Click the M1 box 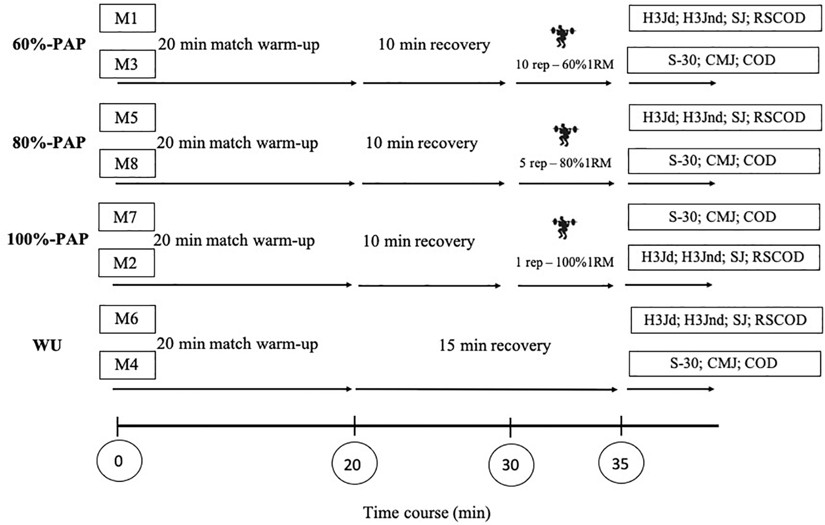tap(127, 18)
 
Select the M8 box tap(127, 164)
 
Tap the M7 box tap(126, 217)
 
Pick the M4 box tap(127, 365)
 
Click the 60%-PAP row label tap(49, 45)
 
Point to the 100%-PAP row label tap(48, 239)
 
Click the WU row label tap(47, 346)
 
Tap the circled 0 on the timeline tap(119, 461)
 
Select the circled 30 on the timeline tap(511, 465)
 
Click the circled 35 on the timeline tap(621, 463)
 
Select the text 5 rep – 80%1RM tap(565, 163)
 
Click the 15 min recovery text tap(495, 345)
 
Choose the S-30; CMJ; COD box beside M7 tap(723, 217)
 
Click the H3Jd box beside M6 tap(726, 320)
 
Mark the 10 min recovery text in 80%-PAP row tap(421, 143)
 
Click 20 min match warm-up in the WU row tap(237, 344)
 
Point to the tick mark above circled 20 tap(354, 425)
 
